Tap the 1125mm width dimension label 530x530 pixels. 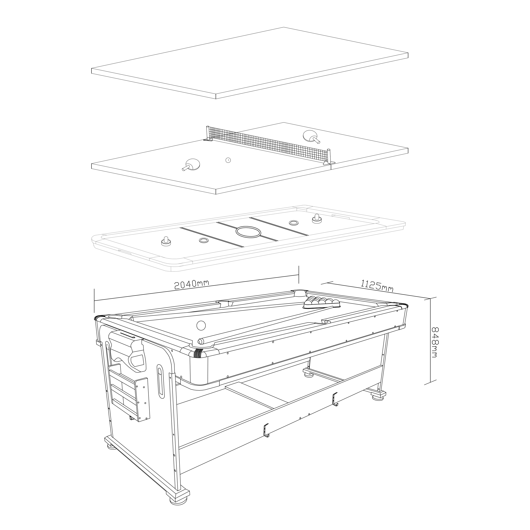tap(377, 285)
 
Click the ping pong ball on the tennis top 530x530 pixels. tap(228, 160)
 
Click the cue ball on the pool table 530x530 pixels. tap(201, 325)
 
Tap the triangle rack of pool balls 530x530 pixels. tap(322, 303)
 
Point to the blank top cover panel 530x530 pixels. tap(250, 63)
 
